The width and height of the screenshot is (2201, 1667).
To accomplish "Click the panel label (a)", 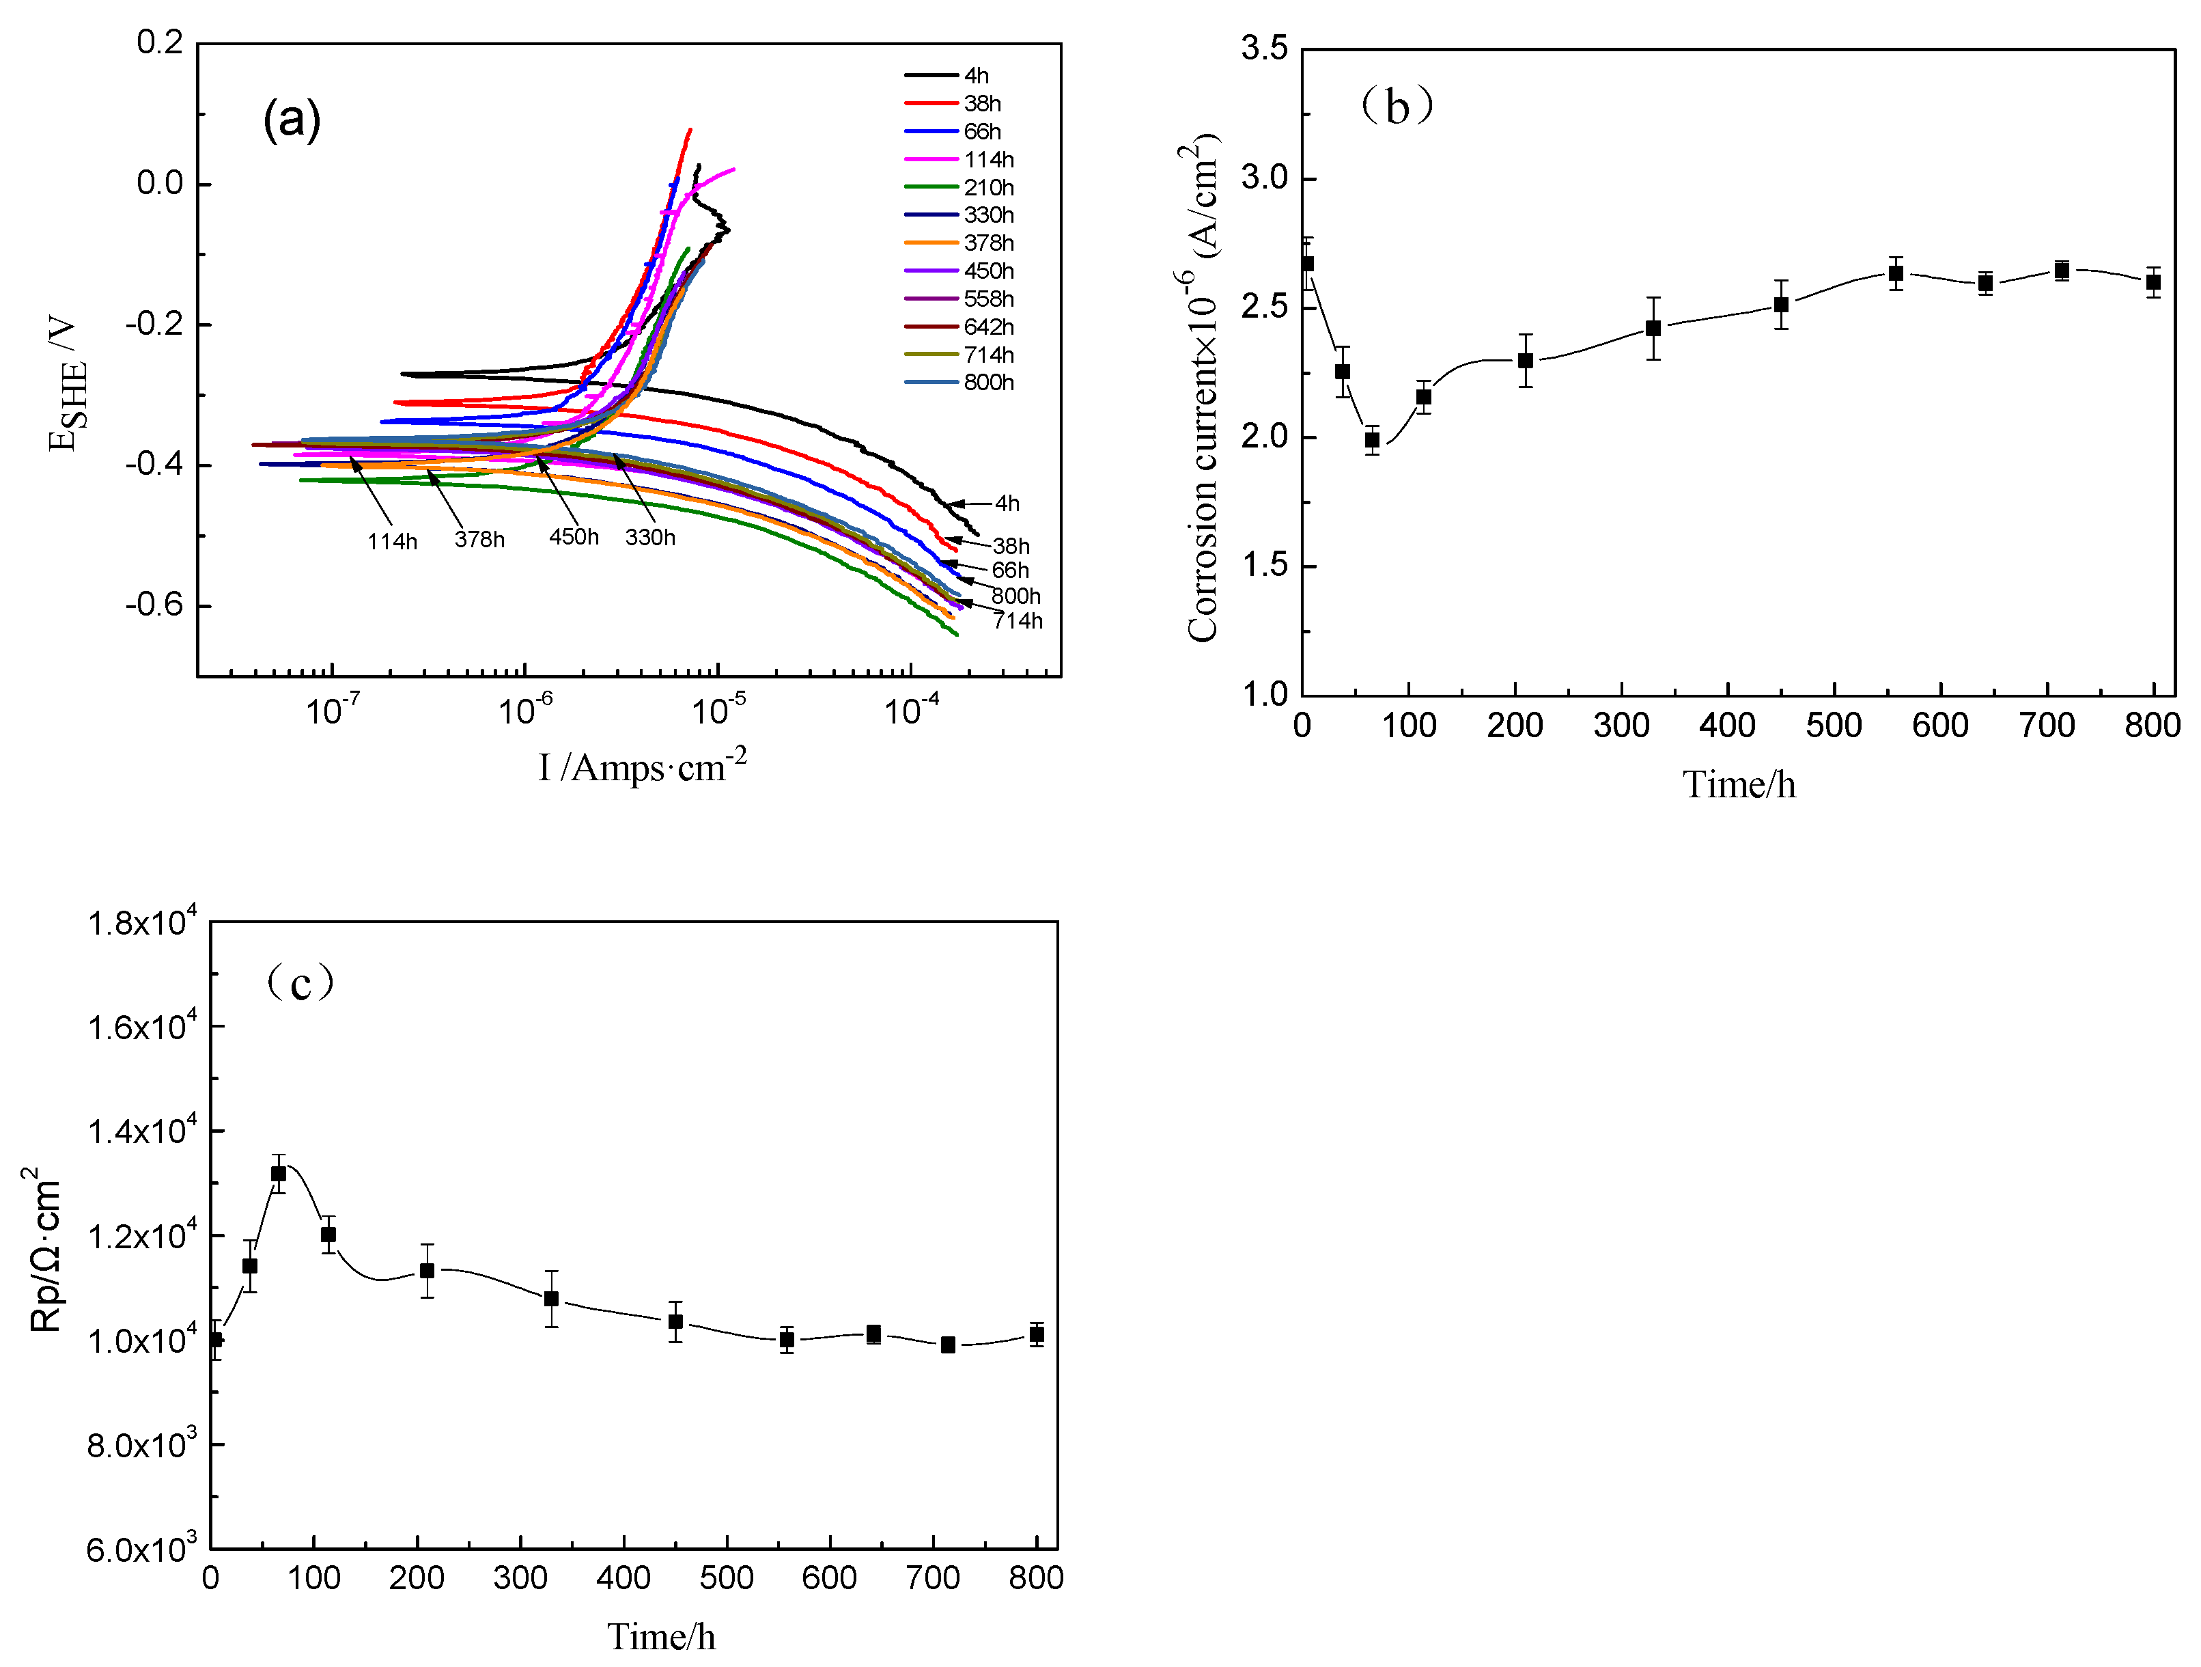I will (x=292, y=120).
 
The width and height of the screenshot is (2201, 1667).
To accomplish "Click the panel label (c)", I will (x=300, y=983).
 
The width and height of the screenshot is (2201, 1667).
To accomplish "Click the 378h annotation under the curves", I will (x=479, y=540).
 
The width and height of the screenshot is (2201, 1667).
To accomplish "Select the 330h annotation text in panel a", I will (x=649, y=538).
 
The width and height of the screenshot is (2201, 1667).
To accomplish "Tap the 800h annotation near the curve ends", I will (x=1015, y=596).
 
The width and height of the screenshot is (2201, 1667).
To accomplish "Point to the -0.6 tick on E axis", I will (x=154, y=605).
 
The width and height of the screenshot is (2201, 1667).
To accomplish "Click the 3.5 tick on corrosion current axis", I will (x=1263, y=48).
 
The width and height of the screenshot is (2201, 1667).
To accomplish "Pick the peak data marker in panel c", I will (x=279, y=1173).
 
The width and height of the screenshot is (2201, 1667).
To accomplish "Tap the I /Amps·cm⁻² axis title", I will (x=642, y=767).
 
